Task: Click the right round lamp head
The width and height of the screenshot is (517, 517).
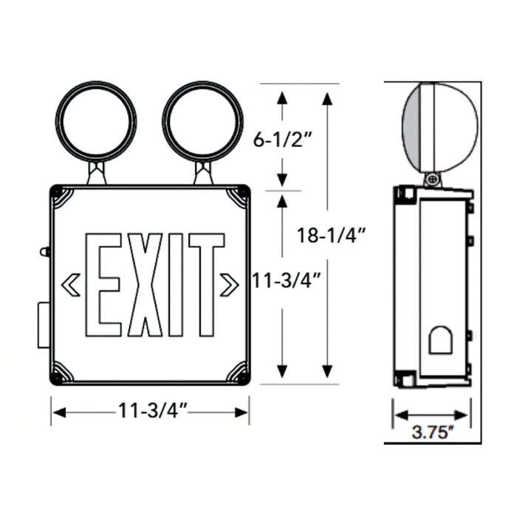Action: click(x=202, y=123)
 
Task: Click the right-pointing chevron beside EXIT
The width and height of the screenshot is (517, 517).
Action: click(x=229, y=284)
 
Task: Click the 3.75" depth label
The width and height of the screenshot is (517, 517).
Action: click(x=431, y=433)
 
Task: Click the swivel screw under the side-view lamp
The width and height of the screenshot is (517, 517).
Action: click(x=431, y=179)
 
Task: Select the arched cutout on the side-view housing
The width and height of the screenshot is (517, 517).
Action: click(x=442, y=340)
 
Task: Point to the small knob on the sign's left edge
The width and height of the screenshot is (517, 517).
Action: click(x=44, y=252)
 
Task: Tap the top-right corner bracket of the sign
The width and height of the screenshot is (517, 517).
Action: click(x=239, y=196)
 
